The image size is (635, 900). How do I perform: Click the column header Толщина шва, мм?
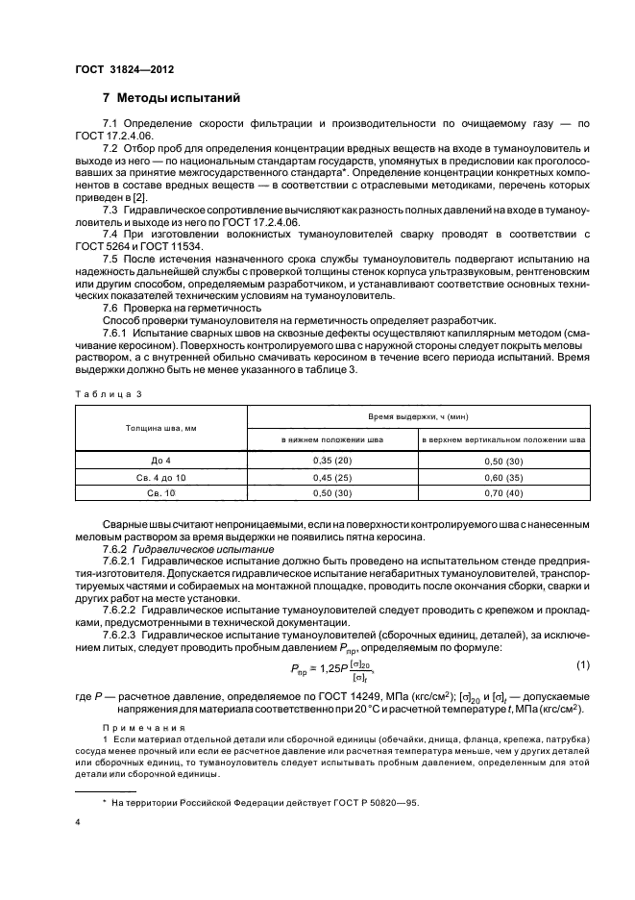tap(160, 427)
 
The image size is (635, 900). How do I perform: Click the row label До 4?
tap(160, 461)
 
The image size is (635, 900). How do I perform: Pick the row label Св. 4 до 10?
tap(160, 477)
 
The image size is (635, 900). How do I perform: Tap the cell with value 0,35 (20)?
tap(332, 461)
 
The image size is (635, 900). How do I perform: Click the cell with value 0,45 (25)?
tap(332, 477)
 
